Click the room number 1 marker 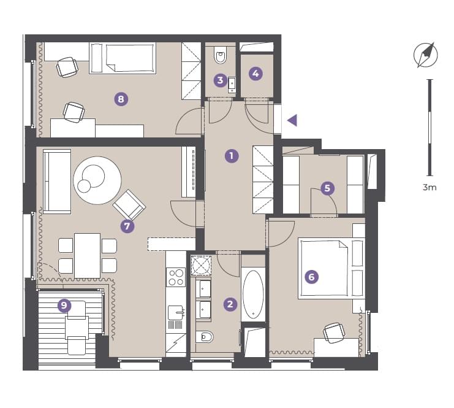coord(232,156)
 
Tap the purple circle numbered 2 coord(230,304)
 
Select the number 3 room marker coord(221,80)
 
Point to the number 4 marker coord(255,74)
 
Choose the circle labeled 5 coord(327,188)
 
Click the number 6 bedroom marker coord(311,277)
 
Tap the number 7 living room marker coord(127,226)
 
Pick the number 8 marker coord(121,99)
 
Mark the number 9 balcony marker coord(64,306)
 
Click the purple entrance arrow coord(292,120)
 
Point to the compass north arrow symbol coord(425,55)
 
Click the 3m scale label coord(429,187)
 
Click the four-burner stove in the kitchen coord(176,277)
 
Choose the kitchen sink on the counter coord(176,313)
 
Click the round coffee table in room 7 coord(97,180)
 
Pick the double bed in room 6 coord(331,269)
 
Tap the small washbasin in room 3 coord(232,85)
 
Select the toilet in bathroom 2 coord(205,337)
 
